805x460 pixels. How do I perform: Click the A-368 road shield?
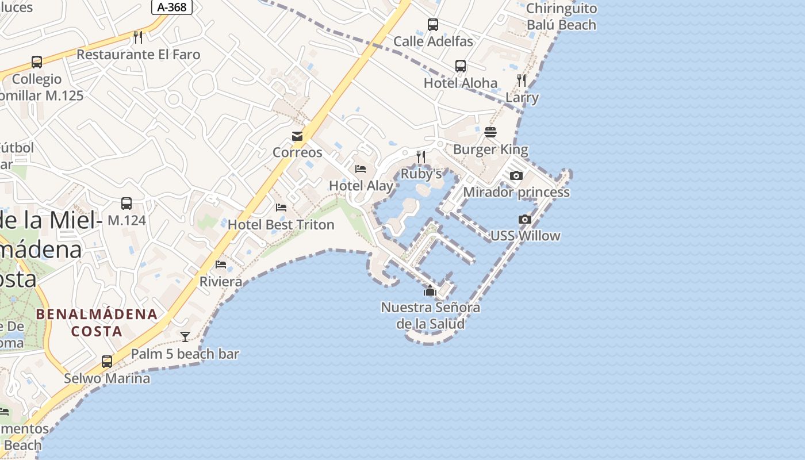172,7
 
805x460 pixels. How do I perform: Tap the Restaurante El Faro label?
138,55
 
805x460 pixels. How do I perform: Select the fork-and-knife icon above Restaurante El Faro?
138,37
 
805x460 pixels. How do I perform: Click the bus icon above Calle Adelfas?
433,25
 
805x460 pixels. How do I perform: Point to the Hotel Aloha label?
460,83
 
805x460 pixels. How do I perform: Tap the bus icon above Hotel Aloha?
461,66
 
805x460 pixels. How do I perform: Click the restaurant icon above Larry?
522,80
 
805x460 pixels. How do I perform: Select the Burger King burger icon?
490,133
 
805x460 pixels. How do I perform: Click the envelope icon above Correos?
297,136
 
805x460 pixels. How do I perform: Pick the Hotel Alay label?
361,186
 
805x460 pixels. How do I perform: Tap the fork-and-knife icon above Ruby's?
421,157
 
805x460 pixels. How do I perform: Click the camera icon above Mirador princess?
516,176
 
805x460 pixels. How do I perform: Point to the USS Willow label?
525,236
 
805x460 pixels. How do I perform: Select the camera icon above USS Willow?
524,219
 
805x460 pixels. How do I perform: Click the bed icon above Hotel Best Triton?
281,208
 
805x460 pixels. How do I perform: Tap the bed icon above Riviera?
221,264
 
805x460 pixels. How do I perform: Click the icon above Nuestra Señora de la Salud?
430,291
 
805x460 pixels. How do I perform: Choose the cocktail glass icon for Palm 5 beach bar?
185,337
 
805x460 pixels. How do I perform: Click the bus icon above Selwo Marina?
107,362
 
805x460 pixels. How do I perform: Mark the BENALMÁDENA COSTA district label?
97,323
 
